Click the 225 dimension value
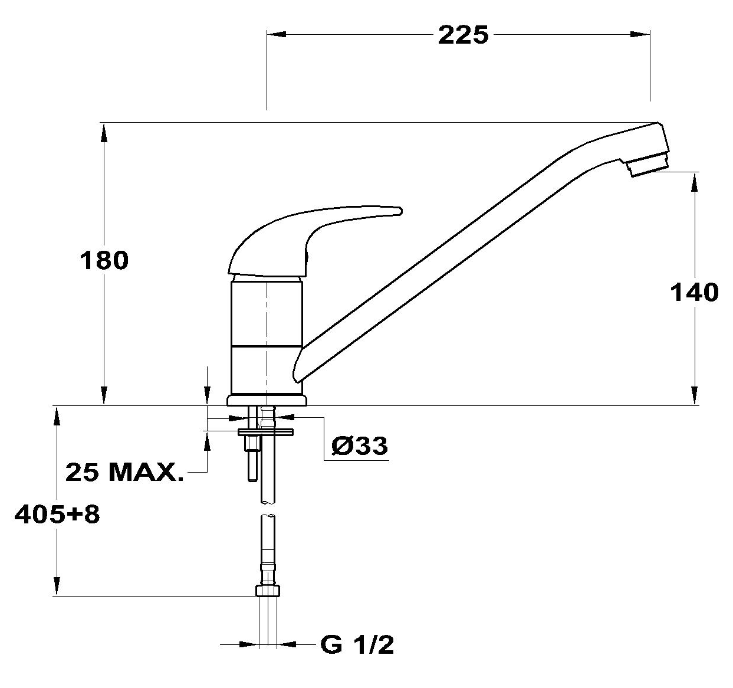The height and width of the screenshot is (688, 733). (463, 35)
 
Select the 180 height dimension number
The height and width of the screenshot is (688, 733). (104, 260)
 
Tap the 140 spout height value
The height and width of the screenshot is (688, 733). (694, 293)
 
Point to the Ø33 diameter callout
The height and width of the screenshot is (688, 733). (360, 446)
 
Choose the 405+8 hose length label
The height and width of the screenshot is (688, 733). (57, 515)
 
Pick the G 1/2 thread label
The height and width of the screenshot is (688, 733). (357, 645)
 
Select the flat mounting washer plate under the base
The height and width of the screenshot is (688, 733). (266, 432)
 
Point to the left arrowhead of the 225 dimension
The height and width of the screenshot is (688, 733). (277, 35)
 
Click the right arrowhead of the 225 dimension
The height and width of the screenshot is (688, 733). (640, 35)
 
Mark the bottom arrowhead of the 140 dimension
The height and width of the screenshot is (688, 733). (695, 395)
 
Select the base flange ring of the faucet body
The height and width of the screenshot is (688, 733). (267, 401)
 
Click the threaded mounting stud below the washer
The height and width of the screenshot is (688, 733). (252, 458)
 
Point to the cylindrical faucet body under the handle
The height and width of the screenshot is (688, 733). (266, 337)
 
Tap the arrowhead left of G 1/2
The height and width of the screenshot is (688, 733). (249, 645)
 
